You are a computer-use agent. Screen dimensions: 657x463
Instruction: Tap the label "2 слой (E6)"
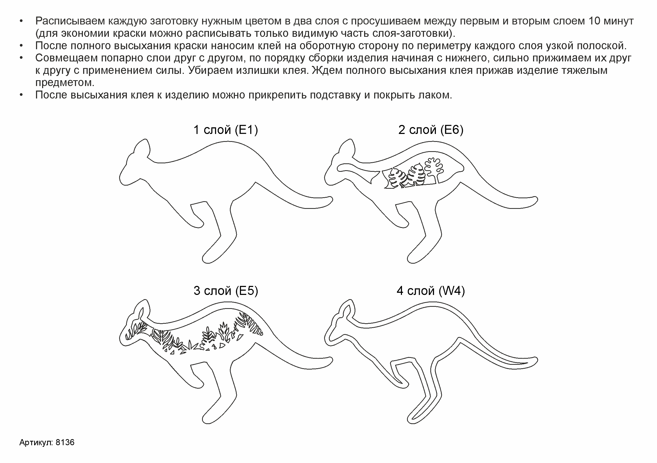point(431,130)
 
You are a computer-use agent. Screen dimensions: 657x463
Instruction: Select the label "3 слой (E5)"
point(226,291)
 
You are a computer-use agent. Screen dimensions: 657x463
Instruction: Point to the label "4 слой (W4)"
point(431,291)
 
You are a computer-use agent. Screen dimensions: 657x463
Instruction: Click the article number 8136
point(65,442)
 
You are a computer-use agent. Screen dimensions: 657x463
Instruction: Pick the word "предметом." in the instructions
point(65,83)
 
